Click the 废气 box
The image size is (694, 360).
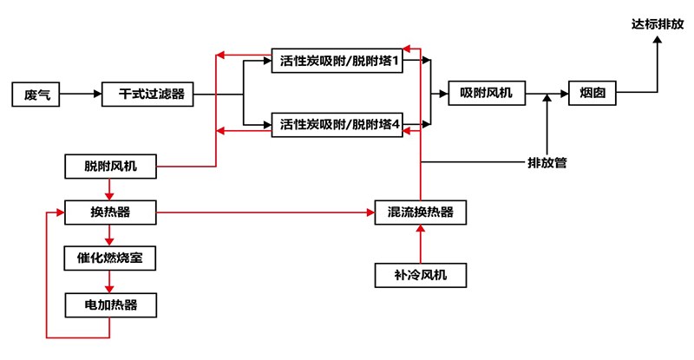pyautogui.click(x=36, y=94)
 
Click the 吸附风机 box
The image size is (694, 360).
pyautogui.click(x=486, y=94)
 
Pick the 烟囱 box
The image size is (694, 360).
pyautogui.click(x=593, y=94)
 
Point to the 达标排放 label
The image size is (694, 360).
pyautogui.click(x=657, y=25)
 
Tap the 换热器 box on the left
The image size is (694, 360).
pyautogui.click(x=110, y=212)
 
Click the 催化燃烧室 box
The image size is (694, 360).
pyautogui.click(x=110, y=258)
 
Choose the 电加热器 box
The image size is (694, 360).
pyautogui.click(x=110, y=304)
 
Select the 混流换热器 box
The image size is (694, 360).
pyautogui.click(x=420, y=212)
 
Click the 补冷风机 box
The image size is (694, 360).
pyautogui.click(x=420, y=276)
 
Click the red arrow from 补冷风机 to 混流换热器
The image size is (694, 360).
pyautogui.click(x=420, y=244)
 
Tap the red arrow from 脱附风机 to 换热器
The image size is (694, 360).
pyautogui.click(x=110, y=189)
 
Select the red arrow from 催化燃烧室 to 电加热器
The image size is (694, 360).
pyautogui.click(x=110, y=281)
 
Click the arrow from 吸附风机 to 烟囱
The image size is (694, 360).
pyautogui.click(x=547, y=94)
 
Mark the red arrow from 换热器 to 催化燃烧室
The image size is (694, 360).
pyautogui.click(x=110, y=235)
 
